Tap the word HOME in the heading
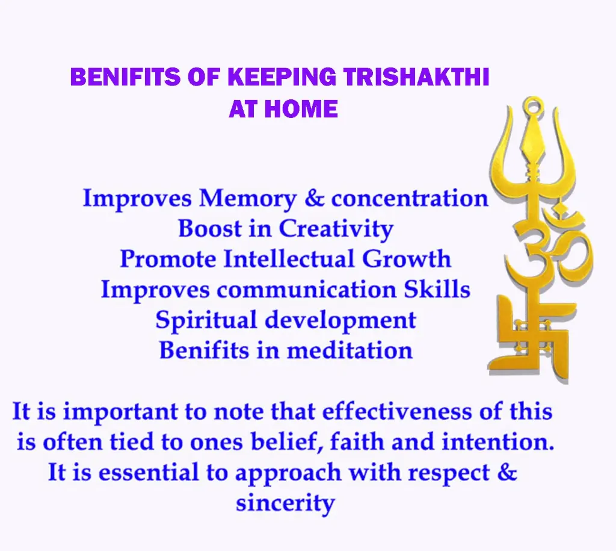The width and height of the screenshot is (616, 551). [x=301, y=109]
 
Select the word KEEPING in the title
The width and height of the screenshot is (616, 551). [x=282, y=76]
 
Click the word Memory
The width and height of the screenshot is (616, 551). [x=247, y=199]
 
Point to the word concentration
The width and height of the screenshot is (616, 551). [x=410, y=198]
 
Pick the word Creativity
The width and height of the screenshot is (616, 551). [x=336, y=229]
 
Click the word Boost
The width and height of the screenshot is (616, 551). [x=209, y=228]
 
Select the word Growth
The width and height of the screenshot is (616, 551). [x=406, y=259]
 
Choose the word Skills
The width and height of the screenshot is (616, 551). [x=437, y=289]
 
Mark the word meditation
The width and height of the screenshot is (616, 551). [x=350, y=350]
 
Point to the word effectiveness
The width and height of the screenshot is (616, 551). [x=397, y=411]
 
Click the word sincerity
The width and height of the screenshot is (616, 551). [x=285, y=503]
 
